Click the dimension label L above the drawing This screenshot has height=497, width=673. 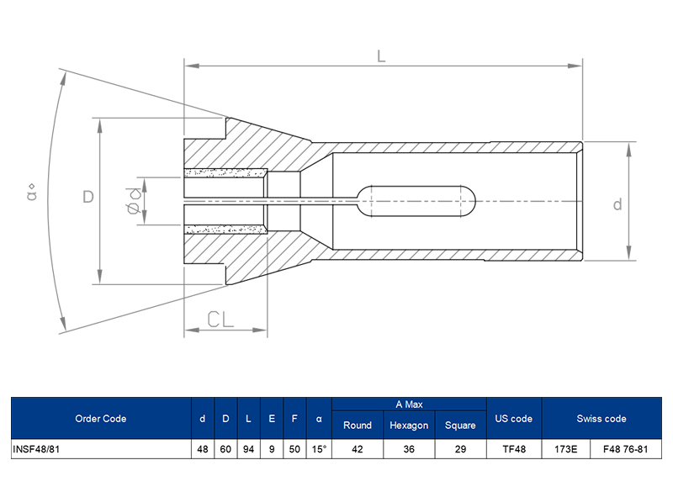[x=381, y=56]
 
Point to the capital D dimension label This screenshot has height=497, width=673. [x=87, y=198]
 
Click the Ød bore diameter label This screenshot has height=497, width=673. [x=133, y=201]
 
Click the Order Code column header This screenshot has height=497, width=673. [x=100, y=419]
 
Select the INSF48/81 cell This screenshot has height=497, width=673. [x=35, y=449]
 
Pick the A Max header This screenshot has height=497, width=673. [x=409, y=404]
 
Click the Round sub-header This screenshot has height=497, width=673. [x=358, y=426]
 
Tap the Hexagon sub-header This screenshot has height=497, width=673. [x=409, y=426]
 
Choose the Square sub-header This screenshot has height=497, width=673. [x=460, y=426]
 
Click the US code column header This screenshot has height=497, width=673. [x=514, y=419]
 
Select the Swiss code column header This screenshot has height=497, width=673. [x=601, y=419]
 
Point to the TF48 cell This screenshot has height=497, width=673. [x=514, y=449]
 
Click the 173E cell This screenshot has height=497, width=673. [x=565, y=449]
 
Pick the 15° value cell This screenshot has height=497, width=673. [x=319, y=449]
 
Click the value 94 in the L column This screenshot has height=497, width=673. [x=248, y=449]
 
